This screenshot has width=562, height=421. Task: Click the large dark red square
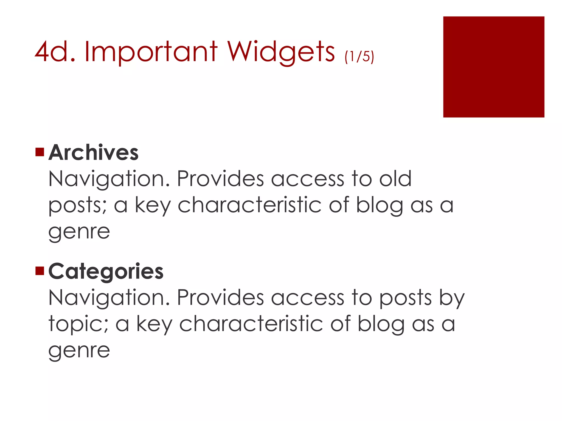click(x=493, y=67)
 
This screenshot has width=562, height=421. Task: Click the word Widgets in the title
click(x=281, y=52)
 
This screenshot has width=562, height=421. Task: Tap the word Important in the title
click(x=151, y=52)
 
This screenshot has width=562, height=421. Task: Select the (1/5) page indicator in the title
click(x=359, y=56)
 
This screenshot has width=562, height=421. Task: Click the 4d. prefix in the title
click(x=55, y=52)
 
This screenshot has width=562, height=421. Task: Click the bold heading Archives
click(x=94, y=153)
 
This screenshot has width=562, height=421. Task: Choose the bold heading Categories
click(x=106, y=271)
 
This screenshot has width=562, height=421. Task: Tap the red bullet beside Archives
click(x=40, y=152)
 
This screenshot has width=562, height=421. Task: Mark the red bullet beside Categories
click(x=40, y=271)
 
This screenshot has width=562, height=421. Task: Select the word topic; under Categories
click(x=78, y=324)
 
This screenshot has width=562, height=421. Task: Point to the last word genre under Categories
click(x=79, y=351)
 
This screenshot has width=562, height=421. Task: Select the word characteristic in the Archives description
click(x=249, y=205)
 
